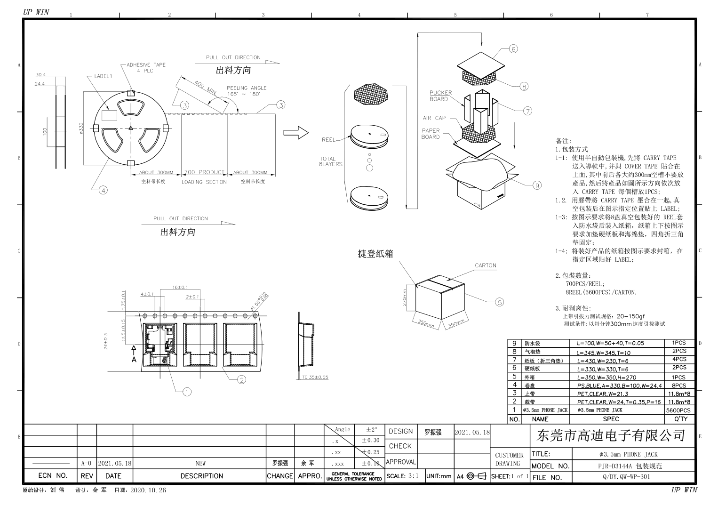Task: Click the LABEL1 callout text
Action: (103, 76)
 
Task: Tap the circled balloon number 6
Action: (513, 49)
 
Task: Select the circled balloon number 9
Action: (537, 185)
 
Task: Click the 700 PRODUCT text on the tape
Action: (204, 172)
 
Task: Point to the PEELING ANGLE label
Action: (247, 88)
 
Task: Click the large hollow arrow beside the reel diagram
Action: (295, 133)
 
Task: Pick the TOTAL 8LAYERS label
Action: (331, 161)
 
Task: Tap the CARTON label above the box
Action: (485, 265)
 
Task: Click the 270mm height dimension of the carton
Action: (405, 297)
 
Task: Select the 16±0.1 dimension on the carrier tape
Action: (180, 287)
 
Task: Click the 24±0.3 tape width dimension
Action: (106, 341)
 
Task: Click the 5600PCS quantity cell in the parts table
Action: (678, 410)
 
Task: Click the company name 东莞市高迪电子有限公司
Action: (611, 435)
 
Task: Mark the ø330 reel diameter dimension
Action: (81, 128)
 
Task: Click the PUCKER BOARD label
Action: (440, 96)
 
